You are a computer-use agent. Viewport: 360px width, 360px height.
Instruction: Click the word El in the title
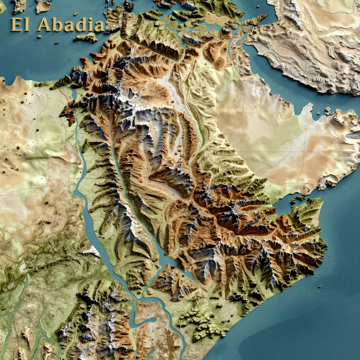(19, 25)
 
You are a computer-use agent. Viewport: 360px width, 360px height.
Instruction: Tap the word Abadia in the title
(70, 25)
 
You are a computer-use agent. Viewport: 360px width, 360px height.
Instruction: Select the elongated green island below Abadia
(86, 37)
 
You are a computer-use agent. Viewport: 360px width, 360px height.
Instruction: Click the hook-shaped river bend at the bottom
(149, 320)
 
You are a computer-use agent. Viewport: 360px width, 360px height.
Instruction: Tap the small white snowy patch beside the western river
(92, 251)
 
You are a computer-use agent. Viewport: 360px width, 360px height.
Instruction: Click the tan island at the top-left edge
(43, 6)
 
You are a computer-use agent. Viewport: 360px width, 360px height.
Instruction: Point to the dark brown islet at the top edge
(129, 6)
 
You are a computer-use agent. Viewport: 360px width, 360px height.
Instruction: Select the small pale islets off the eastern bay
(327, 112)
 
